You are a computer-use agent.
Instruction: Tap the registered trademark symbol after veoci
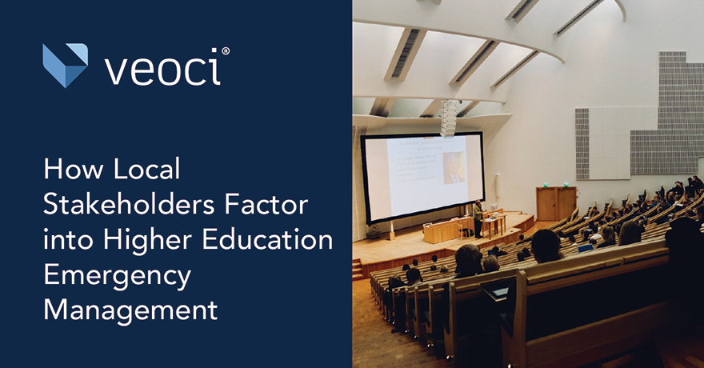[x=226, y=51]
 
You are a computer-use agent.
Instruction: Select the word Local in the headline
[x=149, y=170]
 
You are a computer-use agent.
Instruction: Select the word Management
[x=130, y=310]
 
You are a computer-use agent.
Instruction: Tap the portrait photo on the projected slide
[x=454, y=168]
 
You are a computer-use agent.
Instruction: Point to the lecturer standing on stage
[x=478, y=218]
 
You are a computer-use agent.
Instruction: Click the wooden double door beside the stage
[x=556, y=203]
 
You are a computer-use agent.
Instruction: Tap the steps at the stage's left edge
[x=358, y=269]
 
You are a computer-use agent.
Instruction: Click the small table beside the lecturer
[x=494, y=223]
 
